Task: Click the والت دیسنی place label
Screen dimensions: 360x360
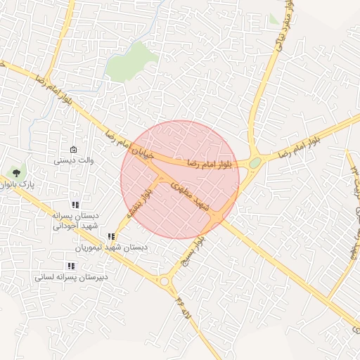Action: coord(75,160)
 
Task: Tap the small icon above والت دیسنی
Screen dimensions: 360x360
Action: coord(74,149)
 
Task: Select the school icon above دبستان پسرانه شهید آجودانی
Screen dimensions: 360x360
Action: coord(75,205)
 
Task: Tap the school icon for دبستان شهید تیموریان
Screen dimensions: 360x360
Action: coord(111,237)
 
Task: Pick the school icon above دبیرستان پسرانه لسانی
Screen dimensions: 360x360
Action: coord(71,266)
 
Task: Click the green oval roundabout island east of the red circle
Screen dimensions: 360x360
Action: coord(255,163)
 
